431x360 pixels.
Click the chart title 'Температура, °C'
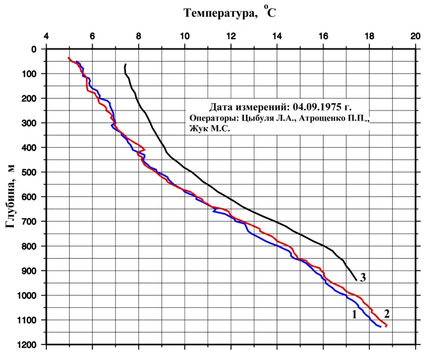229,13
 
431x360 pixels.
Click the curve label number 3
363,278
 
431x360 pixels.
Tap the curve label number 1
354,314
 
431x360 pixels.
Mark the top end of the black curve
125,64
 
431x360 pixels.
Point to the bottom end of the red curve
386,326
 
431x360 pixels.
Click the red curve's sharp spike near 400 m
144,149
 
